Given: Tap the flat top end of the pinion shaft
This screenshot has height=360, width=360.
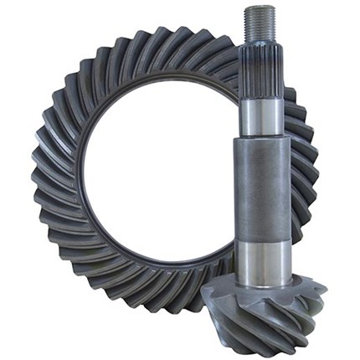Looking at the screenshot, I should [x=260, y=8].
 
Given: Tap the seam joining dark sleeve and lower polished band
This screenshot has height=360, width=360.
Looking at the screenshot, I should [x=260, y=244].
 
